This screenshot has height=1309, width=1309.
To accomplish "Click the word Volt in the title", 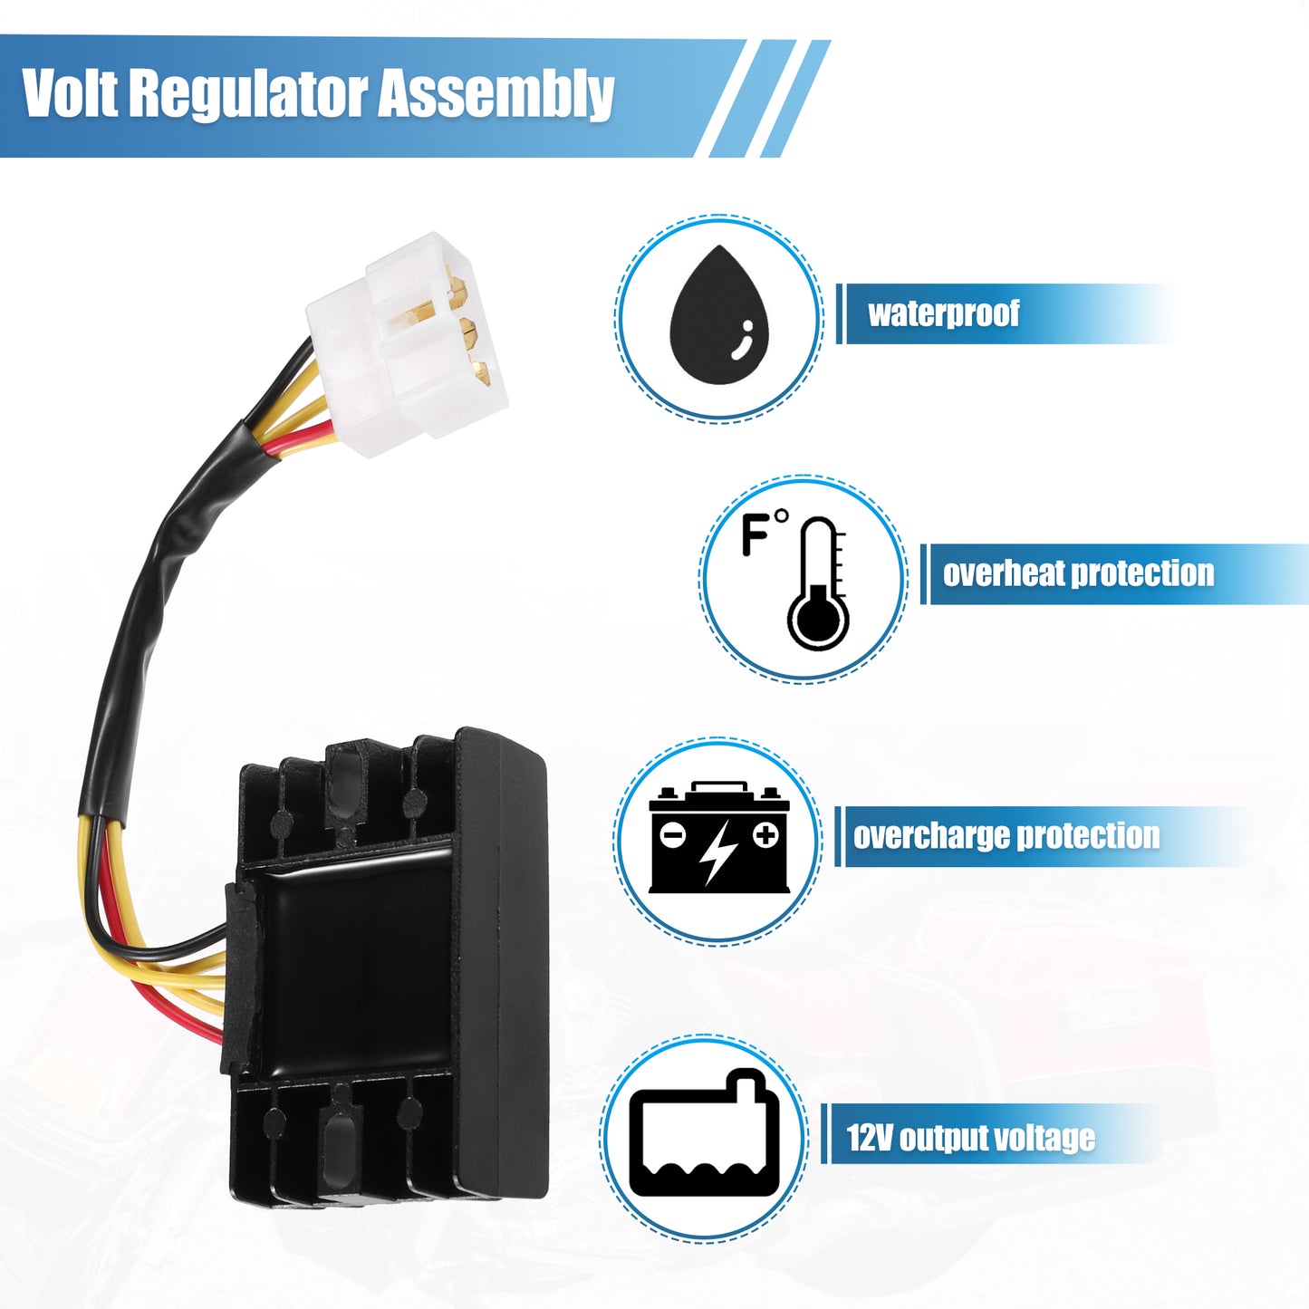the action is (x=70, y=92).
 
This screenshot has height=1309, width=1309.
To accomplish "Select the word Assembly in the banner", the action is (x=496, y=96).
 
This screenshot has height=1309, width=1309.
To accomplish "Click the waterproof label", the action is (x=944, y=313).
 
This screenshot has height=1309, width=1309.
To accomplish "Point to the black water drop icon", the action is (x=719, y=314).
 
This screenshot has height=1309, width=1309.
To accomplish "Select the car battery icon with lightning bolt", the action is (x=719, y=838).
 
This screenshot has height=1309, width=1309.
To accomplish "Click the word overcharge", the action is (x=930, y=836).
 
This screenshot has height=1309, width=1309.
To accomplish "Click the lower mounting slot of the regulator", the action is (x=338, y=1147).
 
